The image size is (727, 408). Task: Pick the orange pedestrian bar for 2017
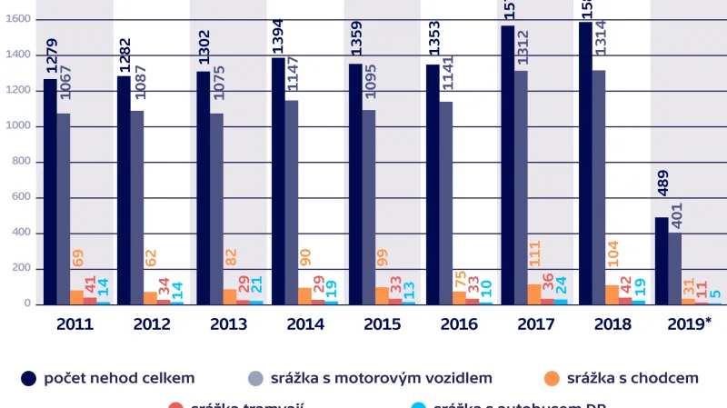click(535, 294)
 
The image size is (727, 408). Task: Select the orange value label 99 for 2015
click(382, 273)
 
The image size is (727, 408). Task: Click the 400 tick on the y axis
click(20, 234)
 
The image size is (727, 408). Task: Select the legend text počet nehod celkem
click(119, 377)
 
